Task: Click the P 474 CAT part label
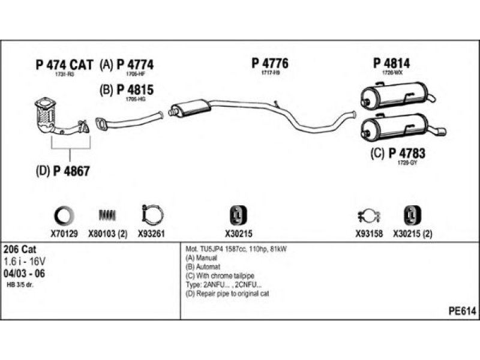coord(65,65)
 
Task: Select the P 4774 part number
coord(135,65)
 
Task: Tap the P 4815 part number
coord(135,90)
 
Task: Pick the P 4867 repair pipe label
coord(71,170)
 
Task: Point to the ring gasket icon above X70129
coord(64,214)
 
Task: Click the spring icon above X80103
coord(106,214)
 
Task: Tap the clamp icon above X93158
coord(368,215)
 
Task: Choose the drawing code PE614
coord(462,311)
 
